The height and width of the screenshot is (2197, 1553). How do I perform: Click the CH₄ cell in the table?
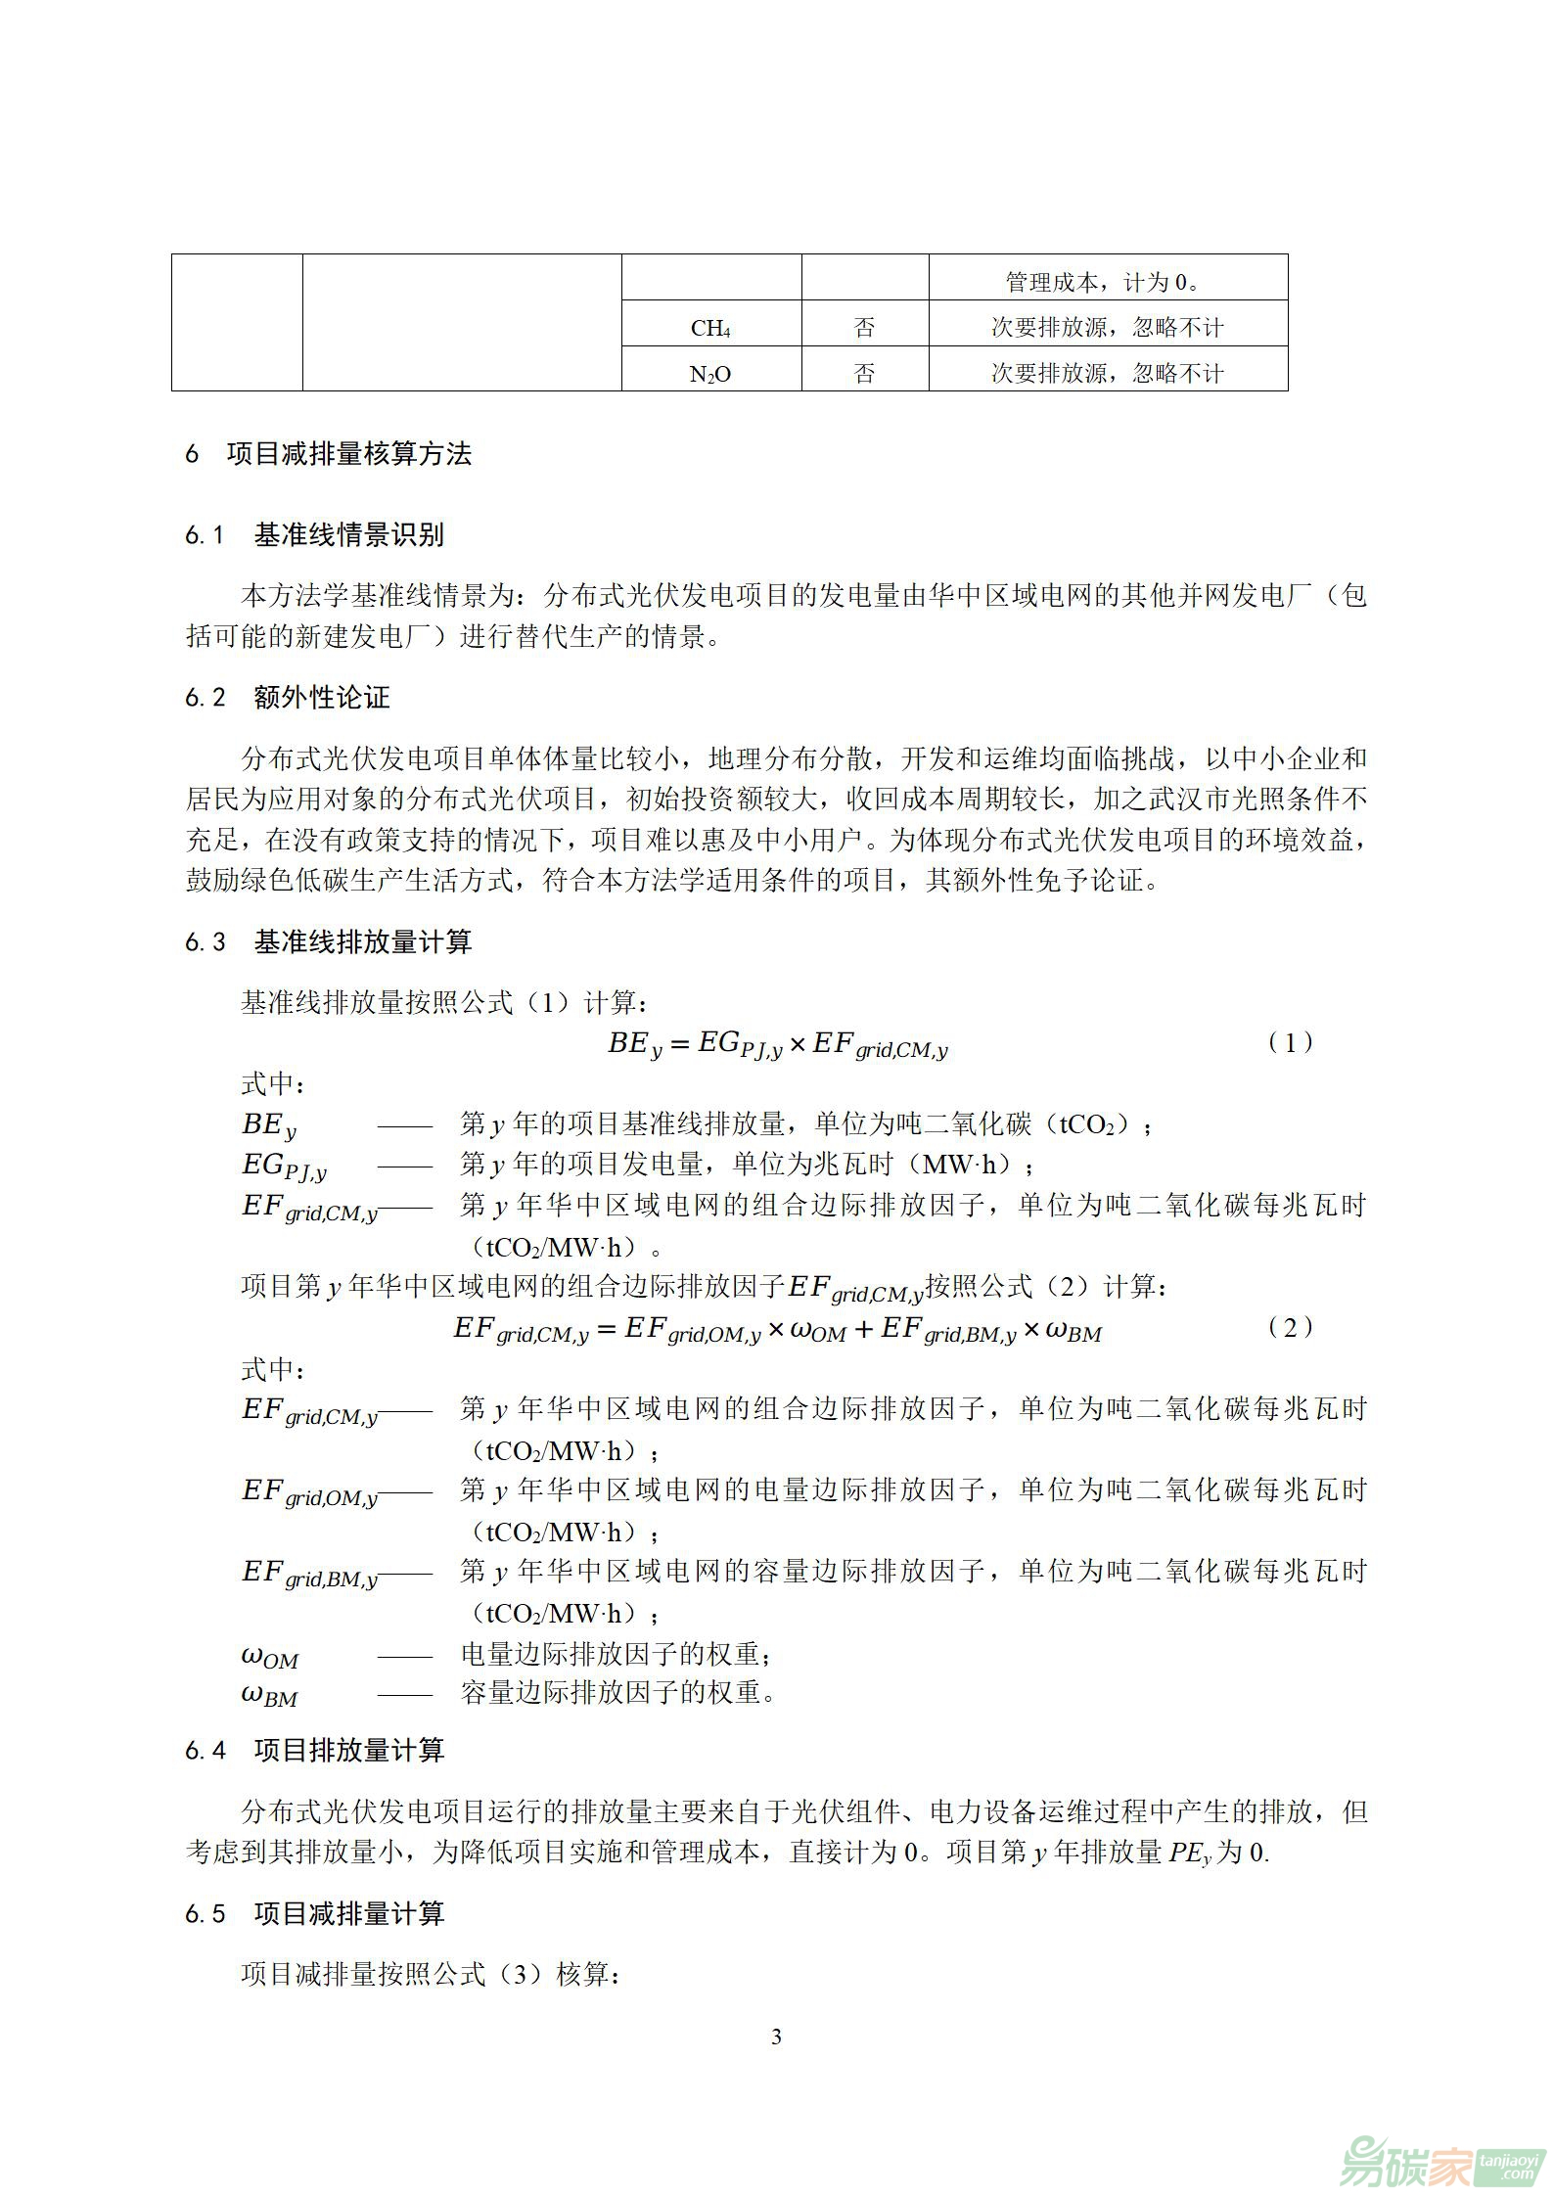coord(710,328)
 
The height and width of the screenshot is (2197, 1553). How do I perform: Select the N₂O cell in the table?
coord(710,374)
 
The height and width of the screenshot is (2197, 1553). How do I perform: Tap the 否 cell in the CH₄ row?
coord(864,328)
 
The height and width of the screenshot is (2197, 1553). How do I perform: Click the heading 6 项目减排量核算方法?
coord(329,454)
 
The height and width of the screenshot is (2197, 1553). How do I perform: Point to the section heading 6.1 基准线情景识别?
coord(314,535)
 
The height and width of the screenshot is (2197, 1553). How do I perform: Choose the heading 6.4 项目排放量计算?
coord(314,1751)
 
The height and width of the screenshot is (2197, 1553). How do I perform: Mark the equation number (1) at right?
coord(1290,1043)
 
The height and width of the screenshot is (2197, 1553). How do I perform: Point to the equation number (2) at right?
coord(1290,1328)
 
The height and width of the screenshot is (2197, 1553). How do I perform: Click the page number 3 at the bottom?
coord(776,2038)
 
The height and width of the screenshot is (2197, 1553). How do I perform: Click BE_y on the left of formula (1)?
coord(635,1045)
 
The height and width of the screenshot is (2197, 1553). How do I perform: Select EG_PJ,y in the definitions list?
coord(284,1166)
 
